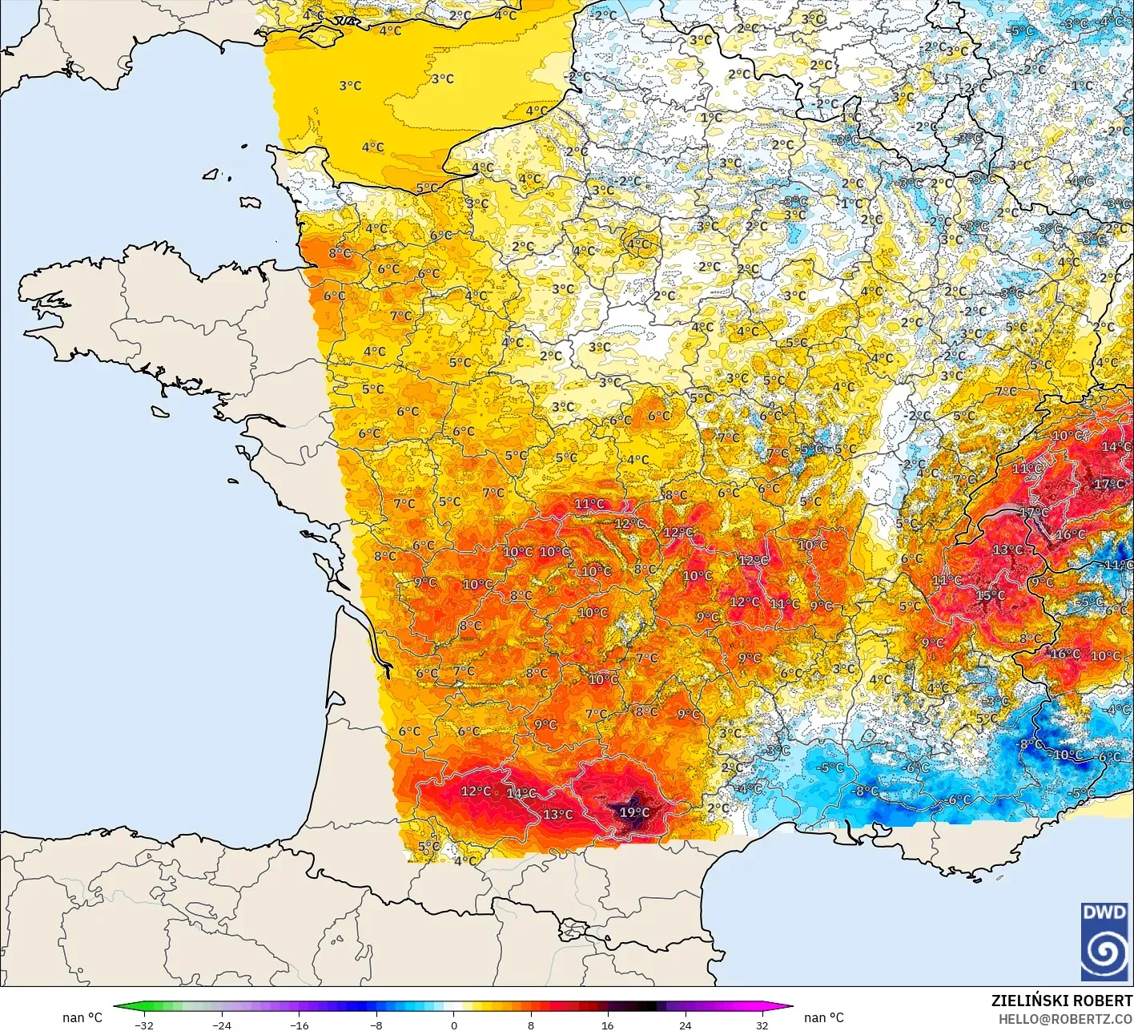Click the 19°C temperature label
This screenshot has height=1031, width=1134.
634,812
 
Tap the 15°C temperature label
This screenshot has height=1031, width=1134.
990,595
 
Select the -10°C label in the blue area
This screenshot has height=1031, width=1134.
1067,755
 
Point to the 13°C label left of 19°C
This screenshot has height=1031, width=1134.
557,814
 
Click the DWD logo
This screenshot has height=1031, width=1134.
1104,942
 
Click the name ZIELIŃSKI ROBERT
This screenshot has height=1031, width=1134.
1061,1001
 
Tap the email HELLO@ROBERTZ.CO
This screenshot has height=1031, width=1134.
1065,1018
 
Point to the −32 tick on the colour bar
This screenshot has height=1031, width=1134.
143,1025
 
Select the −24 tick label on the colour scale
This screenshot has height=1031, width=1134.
221,1025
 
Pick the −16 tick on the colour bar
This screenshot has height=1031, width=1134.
299,1025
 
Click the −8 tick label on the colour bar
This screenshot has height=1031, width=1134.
376,1025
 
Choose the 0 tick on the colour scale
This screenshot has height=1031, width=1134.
453,1025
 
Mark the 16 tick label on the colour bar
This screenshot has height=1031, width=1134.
608,1025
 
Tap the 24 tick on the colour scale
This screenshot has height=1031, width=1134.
685,1025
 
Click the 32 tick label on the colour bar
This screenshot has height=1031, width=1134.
762,1025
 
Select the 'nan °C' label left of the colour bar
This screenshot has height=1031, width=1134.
82,1017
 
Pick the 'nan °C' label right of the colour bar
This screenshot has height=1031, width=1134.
823,1017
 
